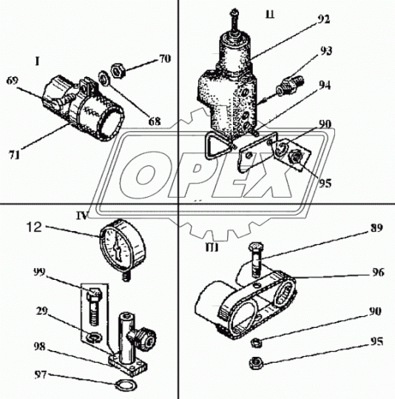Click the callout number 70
[165, 58]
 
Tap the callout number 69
[13, 81]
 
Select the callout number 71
[15, 155]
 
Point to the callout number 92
[323, 19]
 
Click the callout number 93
[325, 51]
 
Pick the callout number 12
[34, 227]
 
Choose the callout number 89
[377, 227]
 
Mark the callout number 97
[41, 375]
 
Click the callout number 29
[41, 311]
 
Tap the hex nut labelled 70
[118, 71]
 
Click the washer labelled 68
[104, 79]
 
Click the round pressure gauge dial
[123, 244]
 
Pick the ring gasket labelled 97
[126, 386]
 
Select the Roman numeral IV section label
[82, 215]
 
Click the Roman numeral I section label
[38, 61]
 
